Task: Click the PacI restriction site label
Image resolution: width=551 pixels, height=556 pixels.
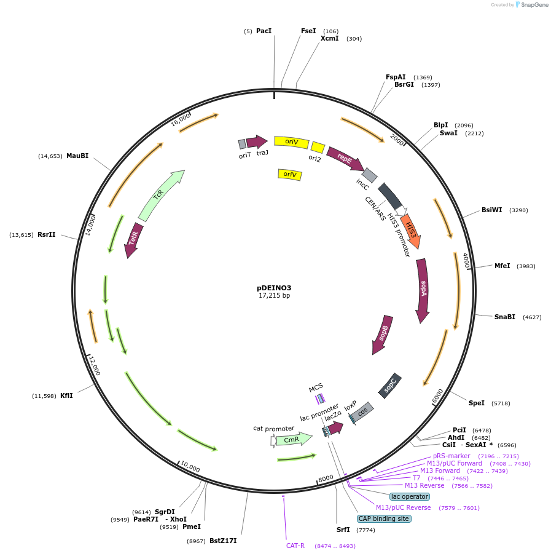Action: pos(264,31)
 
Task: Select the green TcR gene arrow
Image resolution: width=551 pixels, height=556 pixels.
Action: pos(160,196)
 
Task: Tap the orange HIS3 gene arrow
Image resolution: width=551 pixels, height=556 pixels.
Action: pos(411,231)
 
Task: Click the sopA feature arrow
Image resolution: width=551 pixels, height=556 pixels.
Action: pos(423,289)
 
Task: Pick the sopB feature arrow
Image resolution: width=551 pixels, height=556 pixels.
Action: pos(383,335)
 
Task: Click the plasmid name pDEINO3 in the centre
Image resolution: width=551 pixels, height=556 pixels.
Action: pos(274,288)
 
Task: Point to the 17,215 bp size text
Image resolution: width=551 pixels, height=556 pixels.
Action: pos(274,296)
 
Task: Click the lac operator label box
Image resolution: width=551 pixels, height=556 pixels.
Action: pos(410,496)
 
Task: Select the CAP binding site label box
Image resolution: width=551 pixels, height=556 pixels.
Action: pos(384,518)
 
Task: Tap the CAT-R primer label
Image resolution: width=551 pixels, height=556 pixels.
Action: pos(295,546)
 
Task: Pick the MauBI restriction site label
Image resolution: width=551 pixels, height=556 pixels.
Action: pos(77,156)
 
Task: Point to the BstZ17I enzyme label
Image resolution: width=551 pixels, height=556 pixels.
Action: pos(223,541)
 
